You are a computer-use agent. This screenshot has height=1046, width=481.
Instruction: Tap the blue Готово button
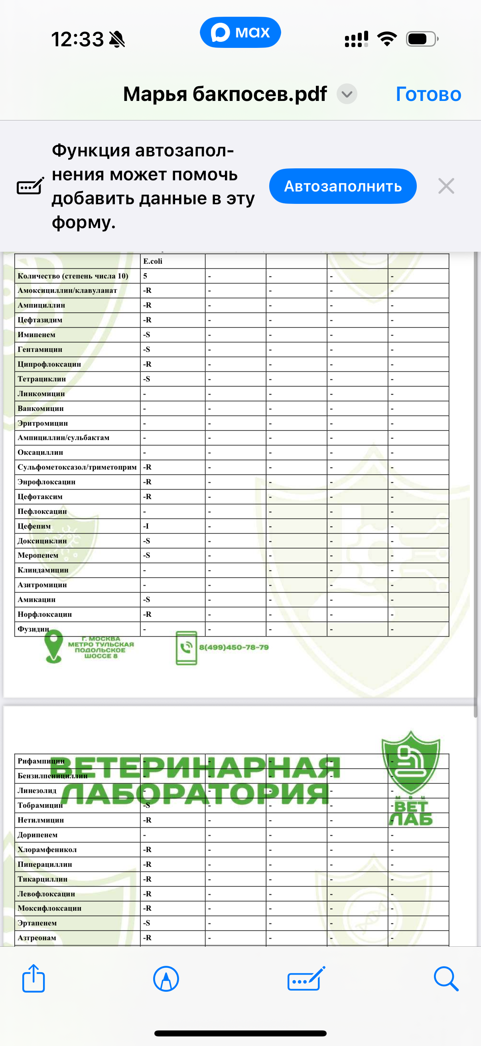[428, 94]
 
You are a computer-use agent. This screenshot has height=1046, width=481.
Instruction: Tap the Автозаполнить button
[343, 186]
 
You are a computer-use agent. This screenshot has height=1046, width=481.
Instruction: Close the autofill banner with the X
[446, 186]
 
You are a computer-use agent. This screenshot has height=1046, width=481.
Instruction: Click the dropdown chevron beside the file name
[347, 94]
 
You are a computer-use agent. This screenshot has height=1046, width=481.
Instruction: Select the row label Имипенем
[37, 335]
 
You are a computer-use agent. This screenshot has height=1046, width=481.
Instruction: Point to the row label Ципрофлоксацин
[49, 364]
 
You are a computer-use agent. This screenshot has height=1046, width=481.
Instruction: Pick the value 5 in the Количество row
[145, 276]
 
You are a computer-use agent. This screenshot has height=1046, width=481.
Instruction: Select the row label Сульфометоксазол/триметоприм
[77, 467]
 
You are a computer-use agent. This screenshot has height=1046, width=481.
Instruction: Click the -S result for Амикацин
[146, 599]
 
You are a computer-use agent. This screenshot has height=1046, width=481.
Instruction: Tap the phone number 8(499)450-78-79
[234, 647]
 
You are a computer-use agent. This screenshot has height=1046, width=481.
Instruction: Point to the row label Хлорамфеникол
[47, 849]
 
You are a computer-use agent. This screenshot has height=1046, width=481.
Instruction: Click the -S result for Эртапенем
[146, 923]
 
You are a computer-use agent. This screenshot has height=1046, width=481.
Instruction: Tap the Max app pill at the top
[240, 32]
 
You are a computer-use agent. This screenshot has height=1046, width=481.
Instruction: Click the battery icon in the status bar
[422, 39]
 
